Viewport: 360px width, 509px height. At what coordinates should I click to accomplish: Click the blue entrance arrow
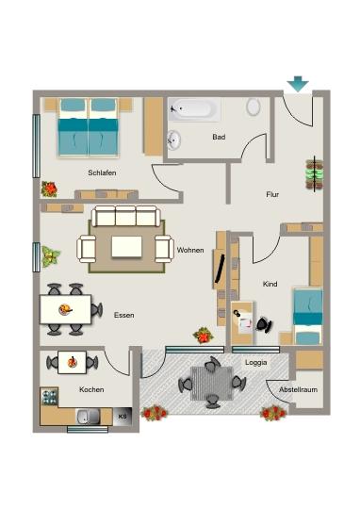(x=298, y=84)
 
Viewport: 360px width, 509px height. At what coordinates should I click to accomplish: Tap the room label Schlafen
(x=102, y=172)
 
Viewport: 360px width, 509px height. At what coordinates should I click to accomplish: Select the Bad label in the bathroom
(x=219, y=137)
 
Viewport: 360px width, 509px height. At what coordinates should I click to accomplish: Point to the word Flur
(x=272, y=194)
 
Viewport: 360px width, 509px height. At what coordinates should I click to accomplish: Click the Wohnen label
(x=190, y=250)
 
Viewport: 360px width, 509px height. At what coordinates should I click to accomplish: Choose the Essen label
(x=124, y=315)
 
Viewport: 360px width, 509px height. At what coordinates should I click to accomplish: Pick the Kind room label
(x=270, y=284)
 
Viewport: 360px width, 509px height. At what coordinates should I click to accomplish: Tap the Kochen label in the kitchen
(x=91, y=389)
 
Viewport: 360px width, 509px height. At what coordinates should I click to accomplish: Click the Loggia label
(x=256, y=362)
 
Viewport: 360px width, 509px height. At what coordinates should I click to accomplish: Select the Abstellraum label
(x=299, y=389)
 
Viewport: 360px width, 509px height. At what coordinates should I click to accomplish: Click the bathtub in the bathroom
(x=194, y=109)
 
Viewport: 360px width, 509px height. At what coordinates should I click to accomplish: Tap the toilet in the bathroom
(x=254, y=107)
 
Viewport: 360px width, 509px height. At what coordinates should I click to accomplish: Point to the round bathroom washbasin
(x=174, y=140)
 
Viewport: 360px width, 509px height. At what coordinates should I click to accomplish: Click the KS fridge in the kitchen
(x=123, y=416)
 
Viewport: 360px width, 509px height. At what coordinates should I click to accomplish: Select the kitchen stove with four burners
(x=49, y=397)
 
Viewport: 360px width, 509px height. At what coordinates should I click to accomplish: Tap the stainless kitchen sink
(x=88, y=417)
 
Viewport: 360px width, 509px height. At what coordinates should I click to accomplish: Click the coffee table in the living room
(x=126, y=247)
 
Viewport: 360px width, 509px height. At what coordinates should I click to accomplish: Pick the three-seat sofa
(x=126, y=216)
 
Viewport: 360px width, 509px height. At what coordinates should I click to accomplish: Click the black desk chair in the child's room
(x=265, y=324)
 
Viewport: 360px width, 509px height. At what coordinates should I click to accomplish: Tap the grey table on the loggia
(x=212, y=383)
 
